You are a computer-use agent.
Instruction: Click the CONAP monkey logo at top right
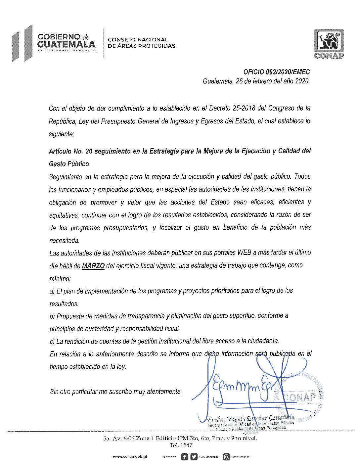[x=329, y=43]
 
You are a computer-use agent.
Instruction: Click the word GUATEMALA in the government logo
[x=67, y=44]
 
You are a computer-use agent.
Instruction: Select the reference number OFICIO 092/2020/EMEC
[x=276, y=72]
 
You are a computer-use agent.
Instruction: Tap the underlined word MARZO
[x=93, y=265]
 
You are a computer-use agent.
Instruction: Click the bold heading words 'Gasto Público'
[x=69, y=164]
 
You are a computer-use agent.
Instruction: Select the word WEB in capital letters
[x=245, y=253]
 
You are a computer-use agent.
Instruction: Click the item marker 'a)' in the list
[x=52, y=291]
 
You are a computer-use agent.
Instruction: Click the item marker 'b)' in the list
[x=52, y=316]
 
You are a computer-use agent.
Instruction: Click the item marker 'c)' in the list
[x=52, y=341]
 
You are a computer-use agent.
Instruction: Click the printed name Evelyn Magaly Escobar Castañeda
[x=250, y=419]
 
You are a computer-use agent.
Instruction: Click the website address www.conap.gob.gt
[x=130, y=456]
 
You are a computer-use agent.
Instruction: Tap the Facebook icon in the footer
[x=184, y=457]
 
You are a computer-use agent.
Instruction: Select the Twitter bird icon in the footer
[x=194, y=457]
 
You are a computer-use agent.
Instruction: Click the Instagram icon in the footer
[x=226, y=457]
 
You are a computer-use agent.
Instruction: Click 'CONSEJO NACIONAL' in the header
[x=138, y=40]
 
